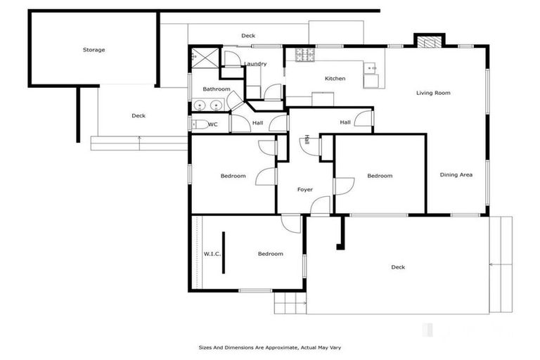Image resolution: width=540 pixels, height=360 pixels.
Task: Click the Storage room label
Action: [94, 50]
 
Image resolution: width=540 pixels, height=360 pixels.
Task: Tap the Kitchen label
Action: [335, 79]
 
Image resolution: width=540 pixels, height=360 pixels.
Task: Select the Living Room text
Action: [432, 93]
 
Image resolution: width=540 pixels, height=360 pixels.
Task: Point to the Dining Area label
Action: [456, 175]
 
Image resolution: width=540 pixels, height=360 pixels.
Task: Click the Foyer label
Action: [304, 189]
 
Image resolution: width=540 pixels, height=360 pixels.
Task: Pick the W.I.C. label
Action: [212, 254]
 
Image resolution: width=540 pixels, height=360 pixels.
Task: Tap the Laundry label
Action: [255, 64]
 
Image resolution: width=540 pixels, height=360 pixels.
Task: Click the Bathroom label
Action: [216, 89]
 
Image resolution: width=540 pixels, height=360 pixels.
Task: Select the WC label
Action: [213, 124]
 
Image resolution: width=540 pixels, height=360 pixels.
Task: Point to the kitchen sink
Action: [371, 68]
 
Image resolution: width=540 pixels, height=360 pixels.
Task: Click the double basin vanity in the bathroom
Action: [207, 106]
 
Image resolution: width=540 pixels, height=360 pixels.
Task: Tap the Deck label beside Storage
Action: [139, 116]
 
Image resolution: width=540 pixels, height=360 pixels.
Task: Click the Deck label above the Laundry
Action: [247, 36]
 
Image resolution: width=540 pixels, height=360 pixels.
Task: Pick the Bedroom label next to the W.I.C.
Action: [270, 254]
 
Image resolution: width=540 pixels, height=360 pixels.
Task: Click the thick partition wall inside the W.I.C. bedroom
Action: [224, 252]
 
